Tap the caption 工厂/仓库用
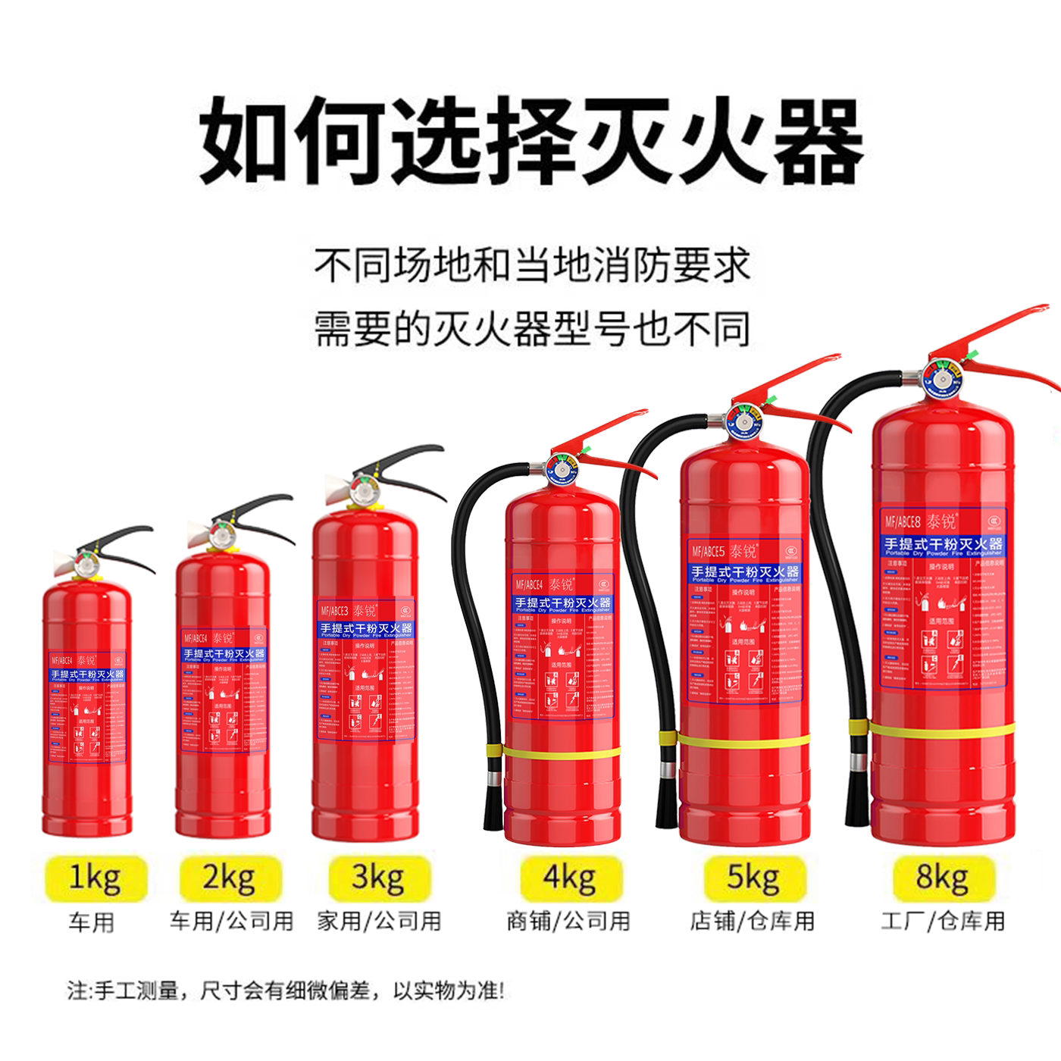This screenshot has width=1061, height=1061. (x=943, y=922)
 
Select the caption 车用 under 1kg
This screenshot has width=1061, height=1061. (x=92, y=923)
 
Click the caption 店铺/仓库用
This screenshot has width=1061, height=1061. (x=752, y=922)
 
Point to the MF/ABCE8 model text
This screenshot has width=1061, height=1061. (x=902, y=522)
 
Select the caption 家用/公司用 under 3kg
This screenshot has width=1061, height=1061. (x=379, y=922)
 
